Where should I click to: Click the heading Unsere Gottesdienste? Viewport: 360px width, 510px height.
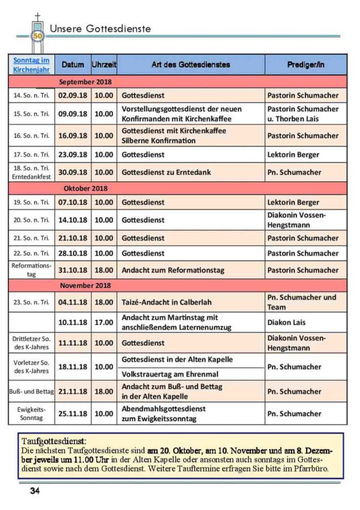tap(100, 28)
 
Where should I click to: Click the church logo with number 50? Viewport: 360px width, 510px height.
tap(38, 34)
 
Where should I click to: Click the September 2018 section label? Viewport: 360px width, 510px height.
tap(85, 82)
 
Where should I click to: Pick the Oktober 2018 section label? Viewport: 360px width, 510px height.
tap(85, 188)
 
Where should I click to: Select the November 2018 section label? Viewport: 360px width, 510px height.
tap(85, 285)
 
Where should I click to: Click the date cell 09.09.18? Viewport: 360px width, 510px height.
tap(73, 113)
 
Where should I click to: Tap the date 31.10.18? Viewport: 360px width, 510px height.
tap(73, 270)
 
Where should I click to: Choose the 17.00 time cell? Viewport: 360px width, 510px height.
tap(104, 322)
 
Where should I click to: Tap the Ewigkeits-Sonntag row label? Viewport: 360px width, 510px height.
tap(31, 413)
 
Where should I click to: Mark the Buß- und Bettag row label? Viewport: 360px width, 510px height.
tap(31, 391)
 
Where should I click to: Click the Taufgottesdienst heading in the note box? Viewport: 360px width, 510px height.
tap(54, 440)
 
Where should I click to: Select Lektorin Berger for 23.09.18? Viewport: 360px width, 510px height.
tap(293, 155)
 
